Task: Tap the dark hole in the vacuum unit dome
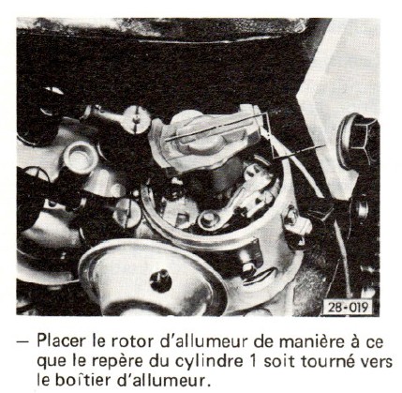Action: [x=160, y=280]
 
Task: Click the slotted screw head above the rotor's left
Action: [x=136, y=119]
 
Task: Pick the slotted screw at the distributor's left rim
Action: [x=127, y=213]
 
